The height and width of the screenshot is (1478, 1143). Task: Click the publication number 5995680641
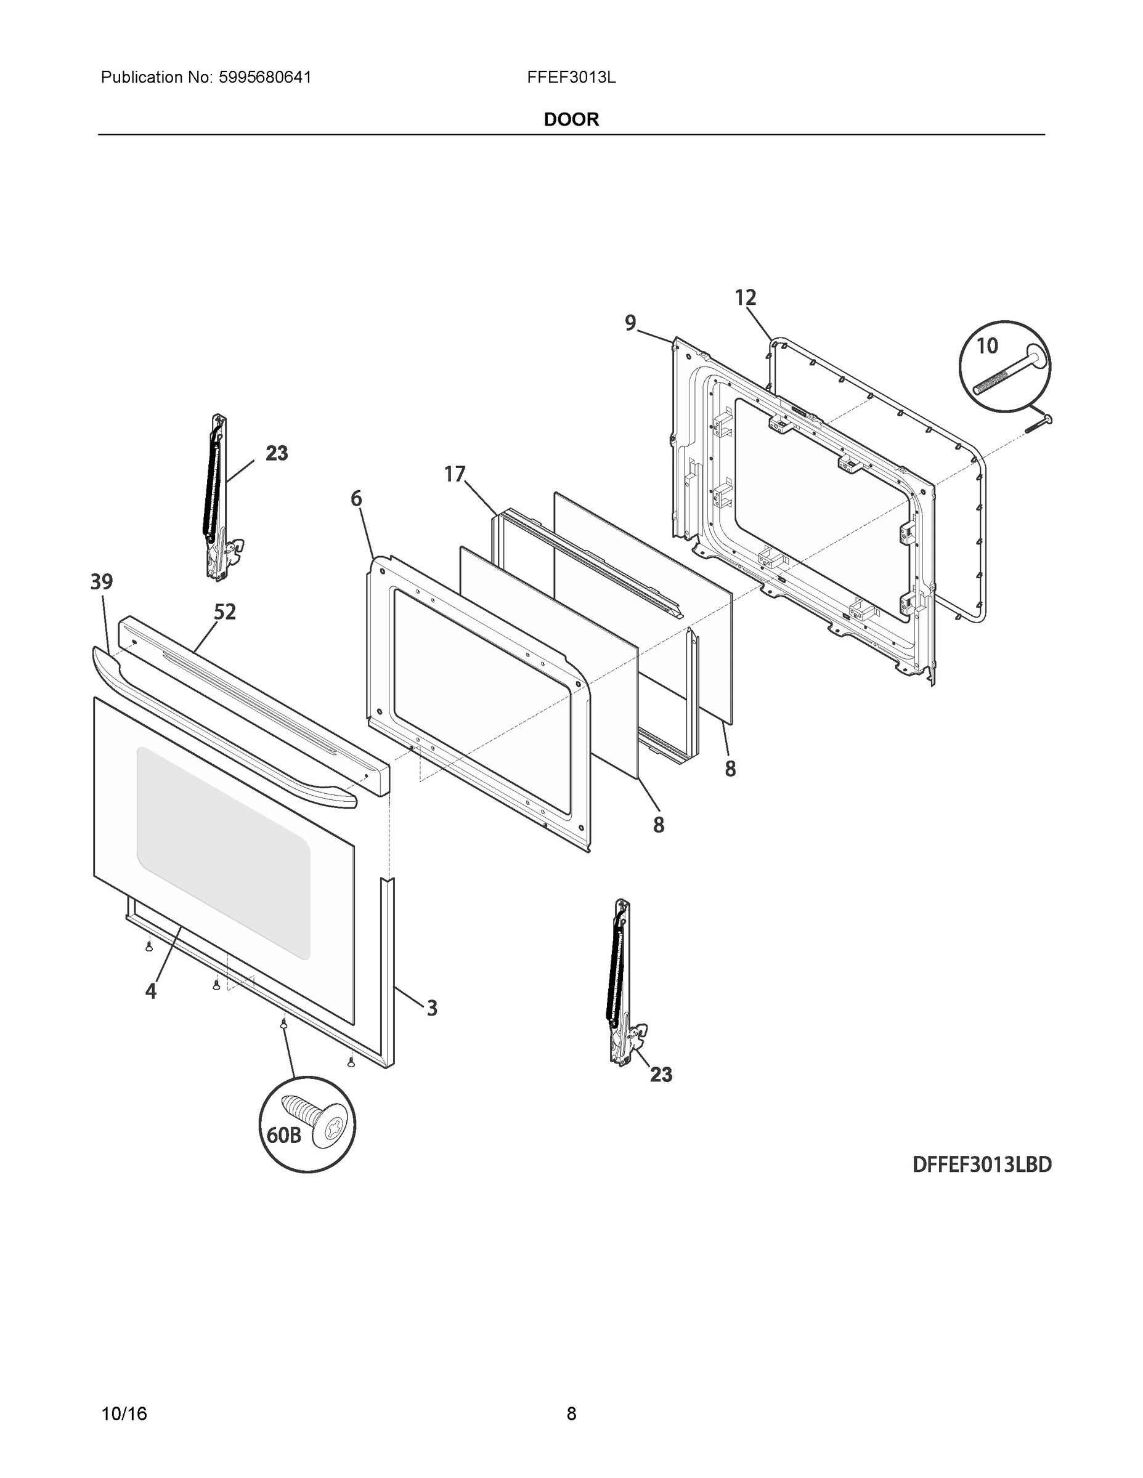coord(264,78)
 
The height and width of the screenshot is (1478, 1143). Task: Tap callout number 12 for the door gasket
coord(745,298)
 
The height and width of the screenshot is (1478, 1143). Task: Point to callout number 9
coord(630,323)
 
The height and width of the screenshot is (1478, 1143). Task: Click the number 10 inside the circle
coord(986,347)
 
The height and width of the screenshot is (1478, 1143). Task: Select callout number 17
coord(454,474)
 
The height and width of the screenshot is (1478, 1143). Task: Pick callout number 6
coord(356,499)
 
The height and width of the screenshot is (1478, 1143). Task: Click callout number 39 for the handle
coord(102,581)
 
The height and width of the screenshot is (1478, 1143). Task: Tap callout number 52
coord(225,613)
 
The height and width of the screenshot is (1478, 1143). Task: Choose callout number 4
coord(150,991)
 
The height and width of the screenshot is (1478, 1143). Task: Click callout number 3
coord(431,1008)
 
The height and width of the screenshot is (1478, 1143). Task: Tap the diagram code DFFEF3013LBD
coord(982,1165)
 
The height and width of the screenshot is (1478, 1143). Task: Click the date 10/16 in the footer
coord(124,1414)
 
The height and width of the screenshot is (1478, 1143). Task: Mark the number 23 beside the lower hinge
coord(661,1075)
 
